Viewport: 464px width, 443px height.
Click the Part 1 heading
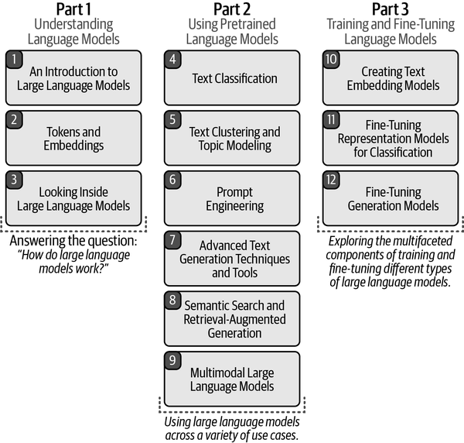73,9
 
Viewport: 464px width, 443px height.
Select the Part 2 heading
232,9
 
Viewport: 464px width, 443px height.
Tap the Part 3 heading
391,9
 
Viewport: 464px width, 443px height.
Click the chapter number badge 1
14,60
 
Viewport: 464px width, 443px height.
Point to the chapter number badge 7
172,240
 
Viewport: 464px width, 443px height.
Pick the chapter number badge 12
331,180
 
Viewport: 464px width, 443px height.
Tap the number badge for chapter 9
172,360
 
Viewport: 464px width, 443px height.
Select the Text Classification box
232,78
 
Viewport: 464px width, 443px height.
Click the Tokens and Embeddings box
73,138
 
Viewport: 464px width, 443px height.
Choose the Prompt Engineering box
232,198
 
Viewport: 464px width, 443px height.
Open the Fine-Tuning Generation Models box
391,198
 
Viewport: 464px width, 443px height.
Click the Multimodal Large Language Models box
232,379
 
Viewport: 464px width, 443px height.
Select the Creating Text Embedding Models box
391,78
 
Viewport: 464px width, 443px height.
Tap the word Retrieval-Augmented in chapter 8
234,319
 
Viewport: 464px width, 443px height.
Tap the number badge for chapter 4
172,60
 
